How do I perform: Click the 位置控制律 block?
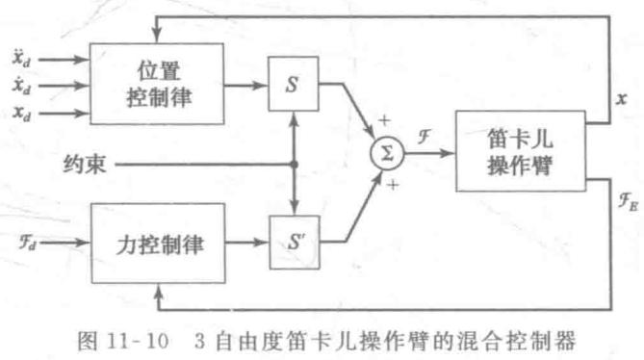point(160,85)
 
